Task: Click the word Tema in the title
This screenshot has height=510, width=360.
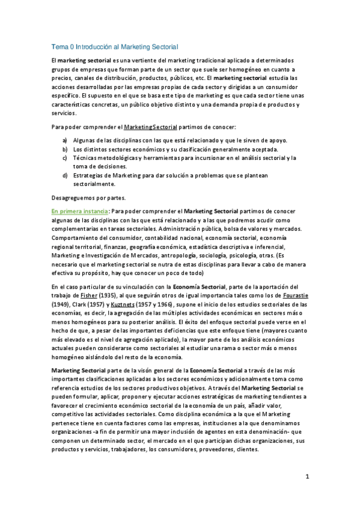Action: pos(59,46)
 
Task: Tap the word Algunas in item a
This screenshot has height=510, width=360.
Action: pos(85,140)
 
